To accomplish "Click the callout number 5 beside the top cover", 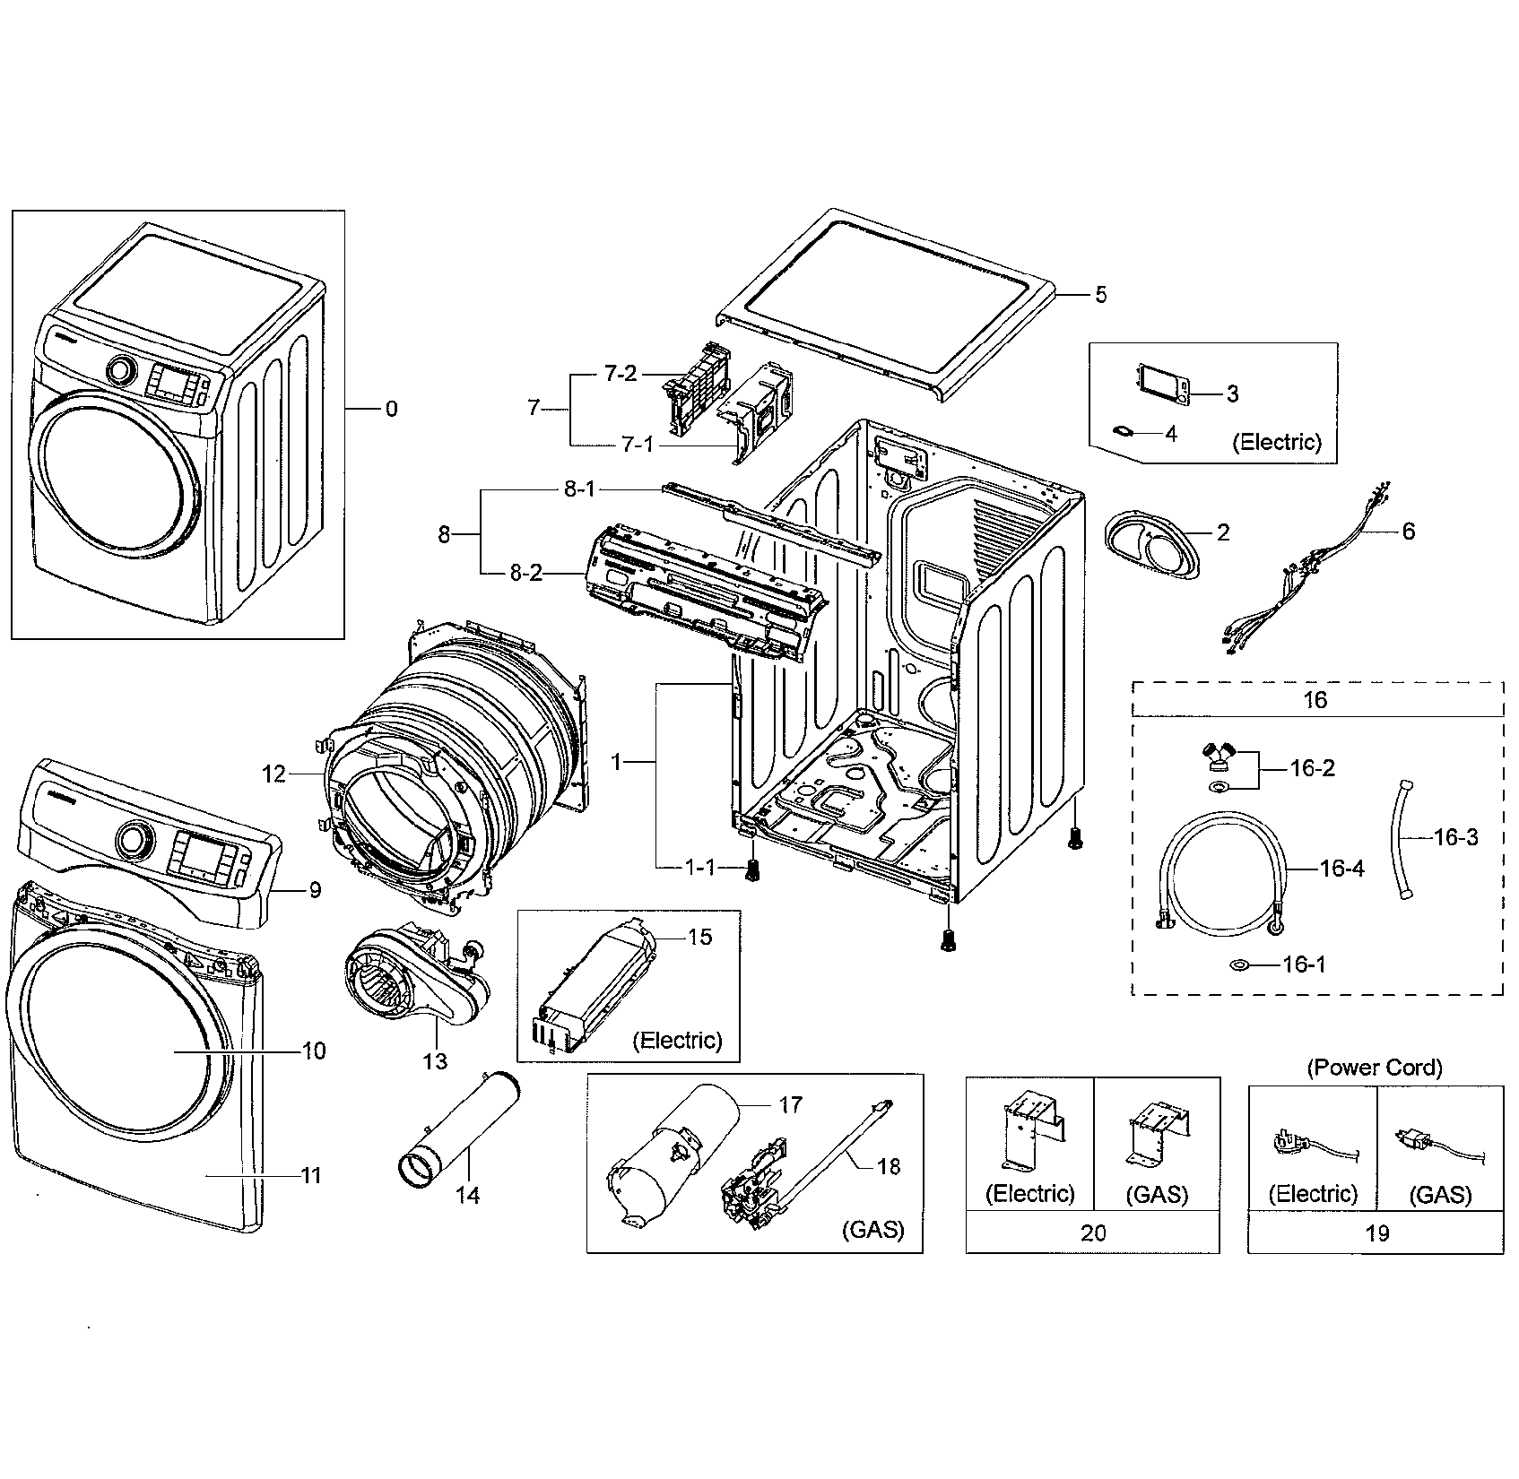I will (x=1100, y=295).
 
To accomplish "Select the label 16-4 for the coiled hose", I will (x=1341, y=868).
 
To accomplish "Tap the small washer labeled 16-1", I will (x=1240, y=964).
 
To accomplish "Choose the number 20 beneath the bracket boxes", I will (x=1093, y=1232).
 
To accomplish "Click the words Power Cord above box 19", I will (x=1375, y=1068).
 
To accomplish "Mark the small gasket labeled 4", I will (x=1122, y=431).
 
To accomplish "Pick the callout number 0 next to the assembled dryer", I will (x=391, y=409).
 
